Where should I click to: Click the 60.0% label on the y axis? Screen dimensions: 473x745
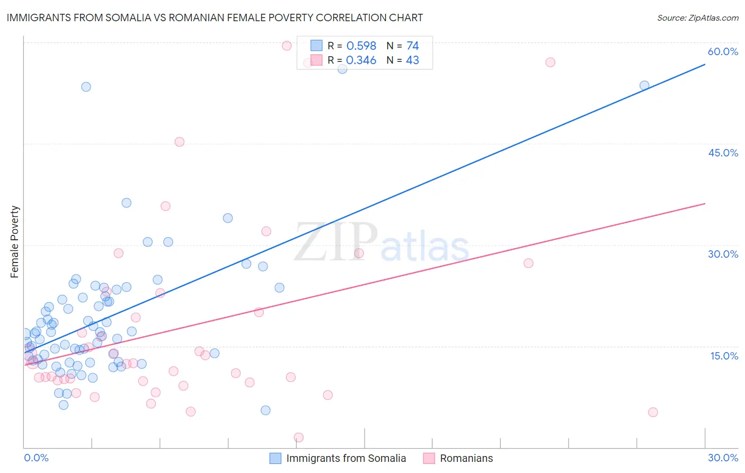tap(723, 51)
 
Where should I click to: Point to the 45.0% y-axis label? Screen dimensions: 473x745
tap(723, 153)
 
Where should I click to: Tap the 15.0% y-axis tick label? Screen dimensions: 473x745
tap(724, 356)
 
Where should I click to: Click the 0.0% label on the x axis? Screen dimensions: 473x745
tap(36, 458)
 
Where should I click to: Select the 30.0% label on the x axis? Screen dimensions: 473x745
tap(723, 458)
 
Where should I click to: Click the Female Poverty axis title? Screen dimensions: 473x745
tap(15, 242)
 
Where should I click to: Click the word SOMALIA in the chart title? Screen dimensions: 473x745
tap(139, 17)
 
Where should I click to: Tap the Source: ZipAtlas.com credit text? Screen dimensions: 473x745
tap(697, 17)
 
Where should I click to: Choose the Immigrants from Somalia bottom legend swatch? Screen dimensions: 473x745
tap(276, 458)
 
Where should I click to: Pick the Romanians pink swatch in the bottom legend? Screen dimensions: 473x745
tap(429, 458)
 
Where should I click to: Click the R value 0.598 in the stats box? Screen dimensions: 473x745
tap(361, 46)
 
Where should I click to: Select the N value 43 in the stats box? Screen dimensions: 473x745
tap(412, 60)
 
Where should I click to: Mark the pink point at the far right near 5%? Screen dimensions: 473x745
tap(653, 412)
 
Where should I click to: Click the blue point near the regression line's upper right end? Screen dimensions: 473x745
tap(644, 85)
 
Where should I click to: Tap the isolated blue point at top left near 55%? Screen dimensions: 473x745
tap(86, 86)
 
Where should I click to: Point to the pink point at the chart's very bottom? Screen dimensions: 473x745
tap(298, 437)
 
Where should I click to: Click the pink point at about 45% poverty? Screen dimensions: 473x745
tap(179, 142)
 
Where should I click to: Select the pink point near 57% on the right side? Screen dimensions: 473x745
tap(550, 62)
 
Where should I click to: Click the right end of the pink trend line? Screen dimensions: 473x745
tap(705, 204)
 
